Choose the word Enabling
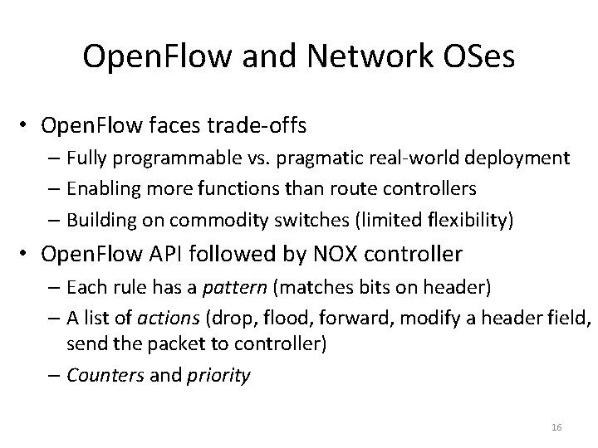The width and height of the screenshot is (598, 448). click(x=98, y=188)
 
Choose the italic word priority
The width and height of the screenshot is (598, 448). click(x=219, y=375)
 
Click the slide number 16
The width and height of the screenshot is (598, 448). click(x=556, y=426)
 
